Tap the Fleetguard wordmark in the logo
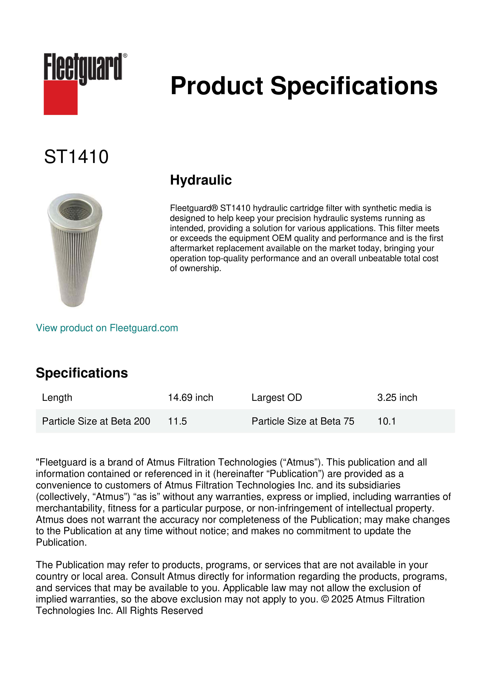click(83, 66)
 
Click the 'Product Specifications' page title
click(304, 86)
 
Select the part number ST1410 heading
click(76, 157)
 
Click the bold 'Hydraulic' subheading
click(201, 180)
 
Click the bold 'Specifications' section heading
click(82, 373)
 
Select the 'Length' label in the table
click(57, 397)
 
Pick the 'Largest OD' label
click(277, 397)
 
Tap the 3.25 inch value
click(397, 397)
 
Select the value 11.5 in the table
click(178, 421)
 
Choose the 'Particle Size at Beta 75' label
click(303, 421)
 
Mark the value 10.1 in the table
click(386, 421)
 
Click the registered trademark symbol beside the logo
click(125, 56)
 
